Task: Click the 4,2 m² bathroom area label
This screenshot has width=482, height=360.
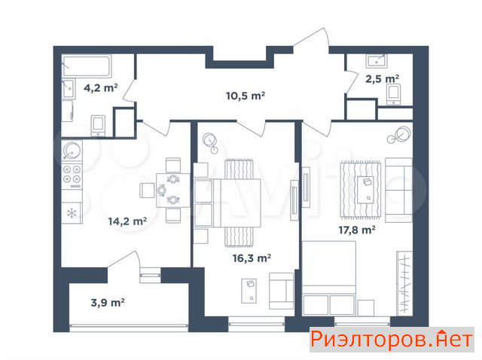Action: tap(100, 88)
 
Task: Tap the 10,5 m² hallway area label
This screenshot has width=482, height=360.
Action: tap(246, 96)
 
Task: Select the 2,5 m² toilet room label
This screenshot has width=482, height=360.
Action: tap(382, 79)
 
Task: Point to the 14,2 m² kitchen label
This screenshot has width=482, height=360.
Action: tap(127, 221)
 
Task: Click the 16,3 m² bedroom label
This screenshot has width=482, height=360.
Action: tap(252, 258)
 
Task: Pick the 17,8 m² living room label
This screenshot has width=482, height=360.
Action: tap(356, 230)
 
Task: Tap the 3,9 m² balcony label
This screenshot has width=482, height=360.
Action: tap(108, 303)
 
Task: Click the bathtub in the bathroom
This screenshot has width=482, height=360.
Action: tap(87, 66)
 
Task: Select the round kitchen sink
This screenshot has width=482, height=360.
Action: tap(72, 151)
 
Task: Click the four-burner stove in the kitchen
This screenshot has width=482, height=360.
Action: tap(72, 177)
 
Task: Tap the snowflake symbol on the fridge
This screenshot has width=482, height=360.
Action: tap(72, 213)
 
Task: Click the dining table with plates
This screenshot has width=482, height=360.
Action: tap(173, 191)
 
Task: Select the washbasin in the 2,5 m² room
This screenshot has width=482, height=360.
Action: tap(377, 61)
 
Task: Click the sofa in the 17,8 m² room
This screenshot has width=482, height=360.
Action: tap(398, 190)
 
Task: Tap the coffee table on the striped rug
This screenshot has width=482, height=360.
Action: tap(366, 190)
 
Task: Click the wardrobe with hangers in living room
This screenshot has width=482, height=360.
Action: tap(404, 283)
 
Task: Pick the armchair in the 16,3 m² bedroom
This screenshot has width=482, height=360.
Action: tap(281, 291)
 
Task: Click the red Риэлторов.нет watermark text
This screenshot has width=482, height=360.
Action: tap(392, 340)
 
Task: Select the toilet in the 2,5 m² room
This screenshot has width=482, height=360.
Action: tap(394, 95)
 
